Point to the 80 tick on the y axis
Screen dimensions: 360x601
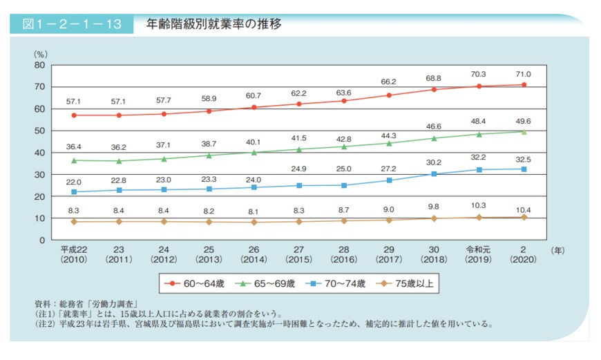(39, 65)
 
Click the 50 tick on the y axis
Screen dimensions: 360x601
(39, 131)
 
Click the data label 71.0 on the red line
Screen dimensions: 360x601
(523, 74)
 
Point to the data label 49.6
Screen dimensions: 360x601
(523, 120)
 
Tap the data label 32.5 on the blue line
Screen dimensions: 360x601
(523, 158)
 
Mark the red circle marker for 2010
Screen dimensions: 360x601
(74, 115)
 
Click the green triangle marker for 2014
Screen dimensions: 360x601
(254, 152)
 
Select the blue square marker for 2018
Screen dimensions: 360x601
(435, 173)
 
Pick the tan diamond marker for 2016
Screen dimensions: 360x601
(344, 220)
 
